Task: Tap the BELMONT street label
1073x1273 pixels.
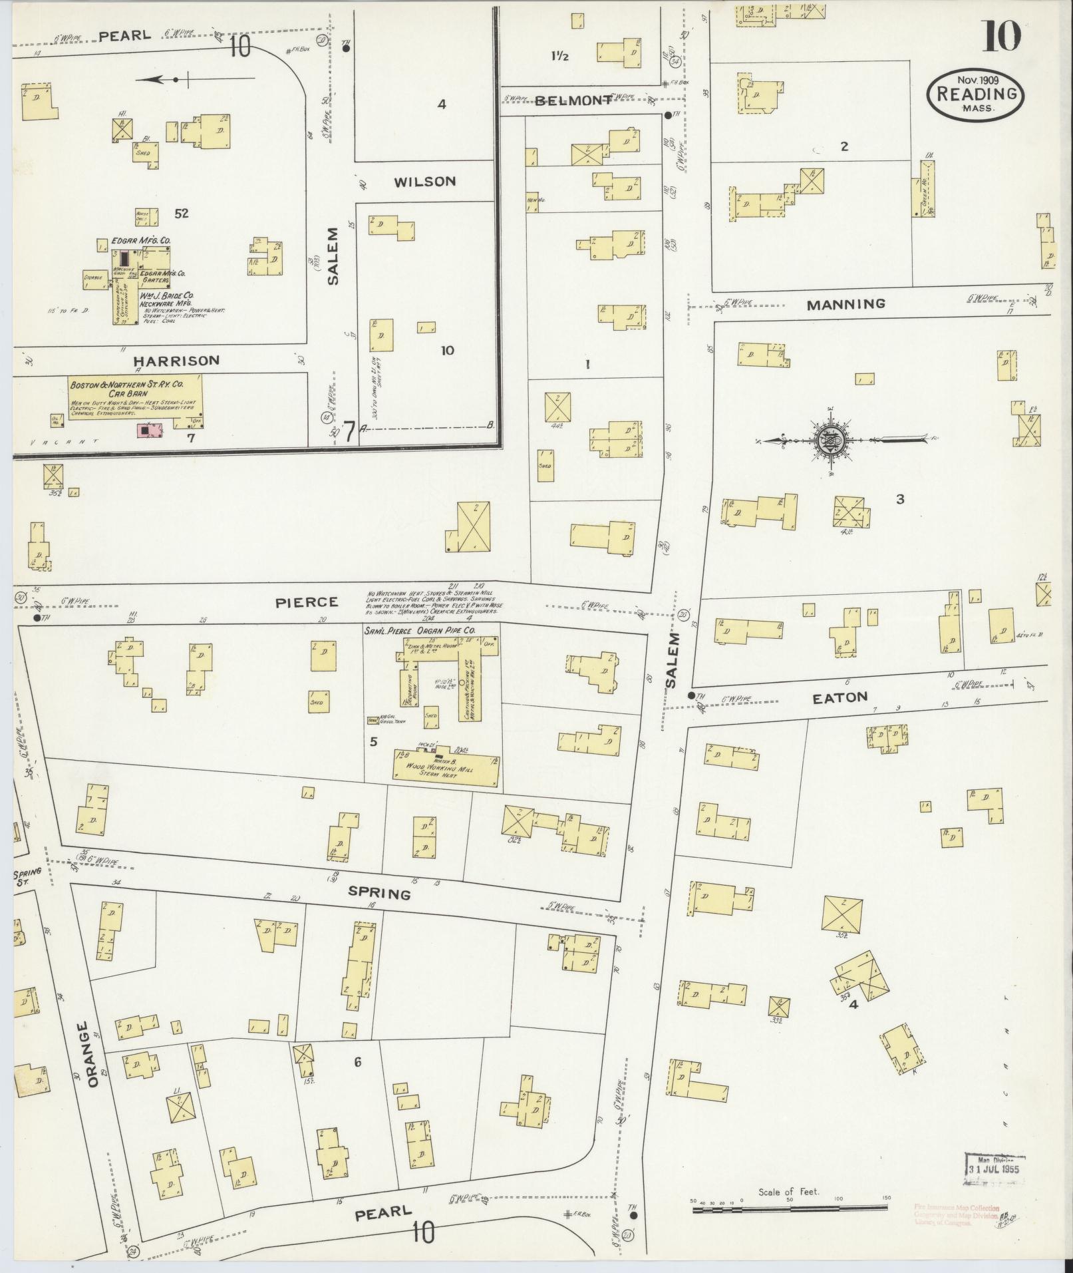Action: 574,100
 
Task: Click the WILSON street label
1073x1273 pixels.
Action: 424,181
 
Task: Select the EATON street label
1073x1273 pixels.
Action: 840,697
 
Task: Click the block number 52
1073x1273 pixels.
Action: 181,214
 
